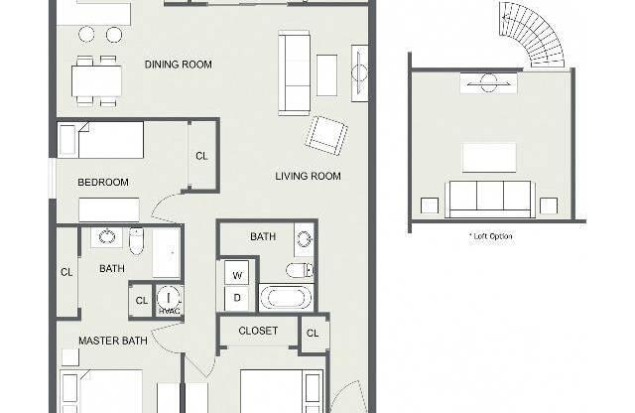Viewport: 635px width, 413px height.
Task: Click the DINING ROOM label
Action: [179, 65]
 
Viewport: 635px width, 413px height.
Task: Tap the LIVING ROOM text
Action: [308, 177]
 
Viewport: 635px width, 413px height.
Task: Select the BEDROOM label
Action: [103, 183]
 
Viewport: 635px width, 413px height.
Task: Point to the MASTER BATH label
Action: [113, 341]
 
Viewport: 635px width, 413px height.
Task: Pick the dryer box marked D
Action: [236, 298]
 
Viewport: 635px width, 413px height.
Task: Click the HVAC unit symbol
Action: [170, 300]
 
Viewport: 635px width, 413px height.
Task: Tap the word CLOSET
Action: [258, 331]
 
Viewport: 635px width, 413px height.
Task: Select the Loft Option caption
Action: [491, 236]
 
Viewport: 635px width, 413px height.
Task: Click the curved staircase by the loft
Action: [532, 34]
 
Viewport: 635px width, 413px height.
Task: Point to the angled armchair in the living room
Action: [326, 136]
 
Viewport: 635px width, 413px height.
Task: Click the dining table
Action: [97, 80]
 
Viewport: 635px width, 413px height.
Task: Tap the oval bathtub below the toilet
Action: [286, 298]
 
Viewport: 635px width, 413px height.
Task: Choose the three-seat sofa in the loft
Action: [490, 200]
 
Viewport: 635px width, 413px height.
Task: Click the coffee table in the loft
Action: [489, 158]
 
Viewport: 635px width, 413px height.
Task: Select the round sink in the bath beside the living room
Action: [305, 238]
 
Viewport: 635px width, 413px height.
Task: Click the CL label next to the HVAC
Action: [141, 301]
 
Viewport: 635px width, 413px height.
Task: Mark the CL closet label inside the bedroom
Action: [201, 156]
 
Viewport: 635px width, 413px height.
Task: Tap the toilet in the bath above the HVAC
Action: [136, 241]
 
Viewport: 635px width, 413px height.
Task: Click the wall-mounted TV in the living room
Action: [359, 73]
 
